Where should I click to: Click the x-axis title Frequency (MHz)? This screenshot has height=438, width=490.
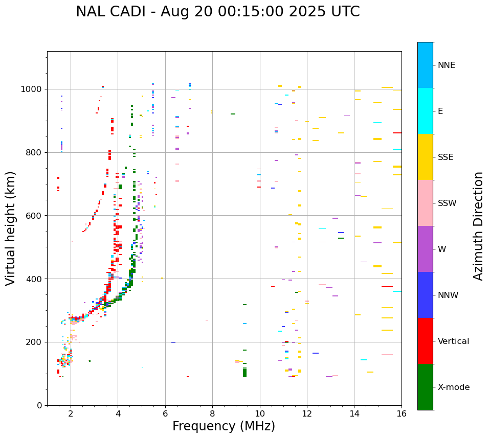click(224, 426)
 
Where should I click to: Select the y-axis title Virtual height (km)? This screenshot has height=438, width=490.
click(11, 228)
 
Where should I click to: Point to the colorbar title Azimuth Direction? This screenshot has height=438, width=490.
click(478, 225)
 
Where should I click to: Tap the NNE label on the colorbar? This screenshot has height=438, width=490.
click(446, 65)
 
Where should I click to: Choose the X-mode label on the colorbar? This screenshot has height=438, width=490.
click(453, 387)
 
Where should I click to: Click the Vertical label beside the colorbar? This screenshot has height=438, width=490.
click(453, 341)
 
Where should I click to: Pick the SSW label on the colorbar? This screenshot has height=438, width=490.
click(447, 203)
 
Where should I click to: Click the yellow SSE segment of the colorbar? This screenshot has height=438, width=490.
click(425, 156)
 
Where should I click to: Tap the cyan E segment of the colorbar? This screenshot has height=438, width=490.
click(425, 110)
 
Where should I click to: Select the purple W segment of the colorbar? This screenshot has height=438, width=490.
click(425, 248)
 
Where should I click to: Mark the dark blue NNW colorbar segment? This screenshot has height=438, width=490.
click(425, 294)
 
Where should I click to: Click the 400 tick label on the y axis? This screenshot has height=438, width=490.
click(36, 279)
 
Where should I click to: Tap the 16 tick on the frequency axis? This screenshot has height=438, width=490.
click(402, 413)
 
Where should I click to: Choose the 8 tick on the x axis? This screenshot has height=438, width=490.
click(212, 413)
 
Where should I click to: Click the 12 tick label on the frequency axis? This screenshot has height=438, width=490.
click(307, 413)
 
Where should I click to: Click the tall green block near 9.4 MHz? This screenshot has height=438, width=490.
click(244, 373)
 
